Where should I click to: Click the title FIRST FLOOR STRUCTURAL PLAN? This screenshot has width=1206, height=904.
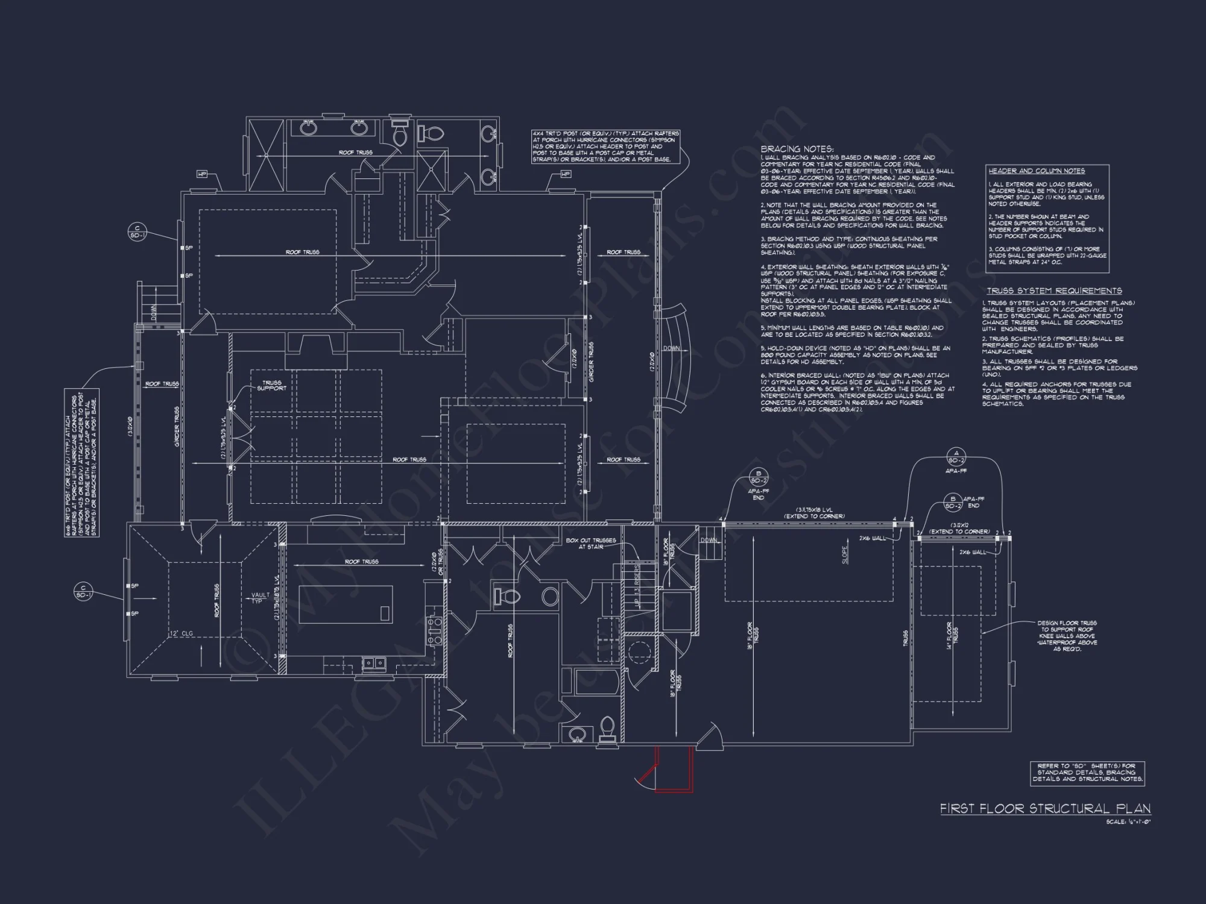point(1045,809)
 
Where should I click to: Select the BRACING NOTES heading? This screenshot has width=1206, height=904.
point(797,149)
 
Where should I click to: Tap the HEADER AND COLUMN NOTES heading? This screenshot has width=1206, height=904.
point(1036,171)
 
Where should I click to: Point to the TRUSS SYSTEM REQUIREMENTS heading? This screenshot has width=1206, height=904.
point(1054,290)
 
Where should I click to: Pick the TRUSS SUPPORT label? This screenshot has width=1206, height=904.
point(271,385)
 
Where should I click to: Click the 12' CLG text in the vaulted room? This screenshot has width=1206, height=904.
point(181,633)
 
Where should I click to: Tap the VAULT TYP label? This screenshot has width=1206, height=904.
point(260,598)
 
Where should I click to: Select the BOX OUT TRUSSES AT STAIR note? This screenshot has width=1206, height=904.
point(590,544)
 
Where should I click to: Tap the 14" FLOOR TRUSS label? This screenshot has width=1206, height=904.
point(952,634)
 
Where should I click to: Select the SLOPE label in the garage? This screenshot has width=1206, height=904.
point(845,554)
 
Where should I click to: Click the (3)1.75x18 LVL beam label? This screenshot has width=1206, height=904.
point(814,513)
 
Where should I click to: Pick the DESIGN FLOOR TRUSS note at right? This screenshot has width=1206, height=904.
point(1067,636)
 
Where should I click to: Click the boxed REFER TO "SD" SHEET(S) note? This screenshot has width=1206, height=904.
point(1086,773)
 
